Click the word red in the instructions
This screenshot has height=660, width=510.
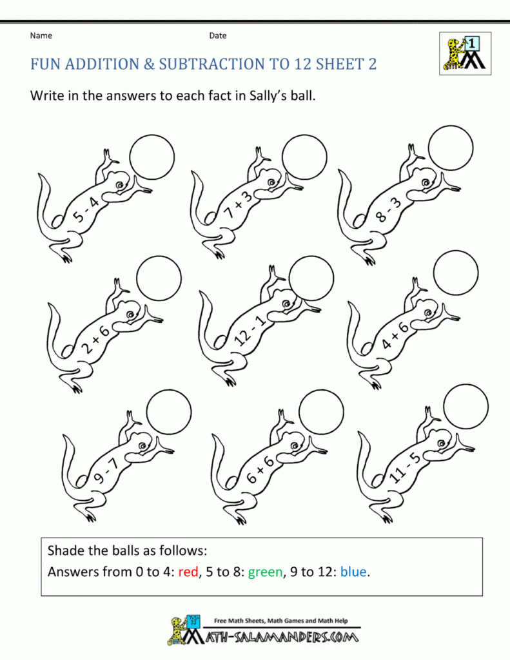tap(188, 572)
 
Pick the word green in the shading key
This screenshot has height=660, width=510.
tap(266, 572)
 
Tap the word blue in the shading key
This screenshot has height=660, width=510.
tap(353, 571)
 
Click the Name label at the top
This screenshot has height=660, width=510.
tap(41, 36)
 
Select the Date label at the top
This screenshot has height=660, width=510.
tap(218, 36)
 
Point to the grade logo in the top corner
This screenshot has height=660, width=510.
tap(465, 53)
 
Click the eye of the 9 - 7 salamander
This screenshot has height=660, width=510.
tap(145, 445)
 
